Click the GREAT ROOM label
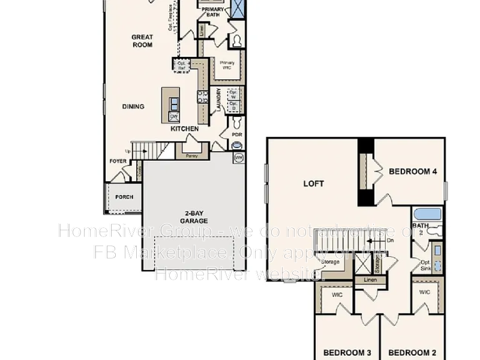pos(142,41)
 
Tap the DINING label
pos(133,107)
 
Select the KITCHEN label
pos(184,129)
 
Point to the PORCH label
pos(124,197)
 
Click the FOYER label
pos(118,161)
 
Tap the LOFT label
pos(313,184)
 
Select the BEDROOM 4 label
pos(413,172)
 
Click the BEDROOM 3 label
pos(347,352)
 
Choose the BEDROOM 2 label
pos(412,352)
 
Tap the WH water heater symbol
pos(238,158)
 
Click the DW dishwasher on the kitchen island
pos(174,116)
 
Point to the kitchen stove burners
pos(203,96)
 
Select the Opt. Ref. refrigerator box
pos(181,64)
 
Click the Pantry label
pos(191,155)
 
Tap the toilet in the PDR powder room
pos(237,122)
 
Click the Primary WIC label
pos(227,65)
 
